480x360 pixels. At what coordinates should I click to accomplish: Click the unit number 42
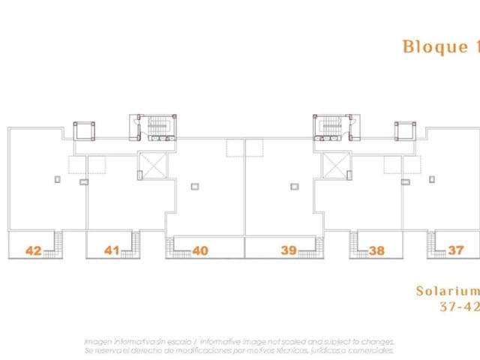point(33,250)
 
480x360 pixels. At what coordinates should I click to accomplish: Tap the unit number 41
point(112,250)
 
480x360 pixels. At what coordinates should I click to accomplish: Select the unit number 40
point(200,250)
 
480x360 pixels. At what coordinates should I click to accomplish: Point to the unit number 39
point(289,250)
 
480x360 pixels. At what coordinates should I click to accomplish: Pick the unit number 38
point(376,250)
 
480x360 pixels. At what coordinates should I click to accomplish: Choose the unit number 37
point(455,250)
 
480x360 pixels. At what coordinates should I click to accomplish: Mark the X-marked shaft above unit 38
point(335,166)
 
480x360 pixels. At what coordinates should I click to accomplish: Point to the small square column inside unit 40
point(194,185)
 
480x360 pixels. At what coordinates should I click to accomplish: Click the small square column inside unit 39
point(295,185)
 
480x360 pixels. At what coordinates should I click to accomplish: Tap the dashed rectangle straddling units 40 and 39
point(245,147)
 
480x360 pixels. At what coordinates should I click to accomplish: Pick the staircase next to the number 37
point(433,244)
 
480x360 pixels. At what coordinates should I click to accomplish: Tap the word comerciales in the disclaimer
point(370,350)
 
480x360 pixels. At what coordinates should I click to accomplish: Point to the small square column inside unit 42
point(57,178)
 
